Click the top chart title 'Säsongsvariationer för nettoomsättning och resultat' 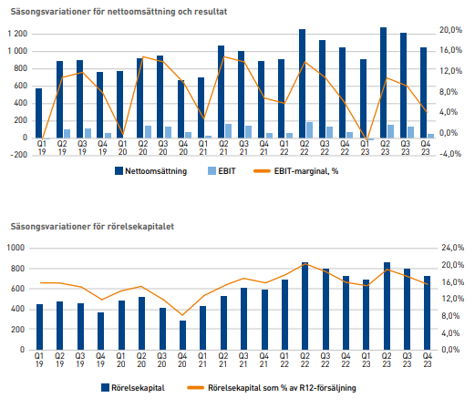coord(119,12)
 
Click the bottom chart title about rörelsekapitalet coord(92,227)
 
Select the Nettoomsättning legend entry coord(151,171)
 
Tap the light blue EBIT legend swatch coord(212,171)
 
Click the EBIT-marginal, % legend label coord(306,171)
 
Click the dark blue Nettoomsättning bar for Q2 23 coord(383,83)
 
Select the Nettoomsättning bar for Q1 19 coord(38,113)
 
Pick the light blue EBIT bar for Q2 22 coord(309,130)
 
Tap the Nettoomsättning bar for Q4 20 coord(181,109)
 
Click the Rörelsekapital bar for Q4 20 coord(182,335)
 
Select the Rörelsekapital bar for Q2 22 coord(305,306)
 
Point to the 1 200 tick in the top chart coord(17,34)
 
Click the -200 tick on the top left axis coord(18,155)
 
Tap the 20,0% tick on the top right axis coord(450,30)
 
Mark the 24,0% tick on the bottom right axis coord(453,248)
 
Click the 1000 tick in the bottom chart coord(15,248)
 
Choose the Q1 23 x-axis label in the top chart coord(365,148)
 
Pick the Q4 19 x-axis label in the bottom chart coord(100,360)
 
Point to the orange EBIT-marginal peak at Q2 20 coord(143,56)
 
